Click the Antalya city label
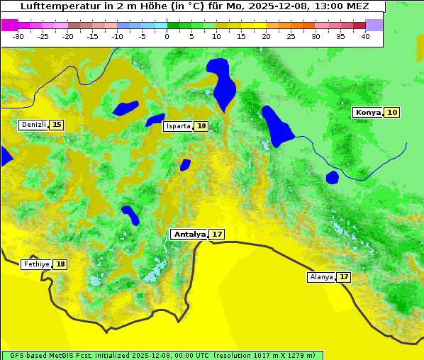189,234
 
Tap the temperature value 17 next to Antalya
217,234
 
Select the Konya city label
367,113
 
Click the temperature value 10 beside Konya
392,113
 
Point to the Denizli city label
33,125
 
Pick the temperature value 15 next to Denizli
57,125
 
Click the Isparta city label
178,126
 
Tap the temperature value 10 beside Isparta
201,126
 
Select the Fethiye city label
36,264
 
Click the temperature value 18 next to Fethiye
60,264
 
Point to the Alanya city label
321,277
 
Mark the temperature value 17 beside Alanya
344,277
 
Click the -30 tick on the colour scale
18,36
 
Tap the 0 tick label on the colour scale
167,36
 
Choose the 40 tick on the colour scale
365,36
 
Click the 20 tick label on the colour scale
266,36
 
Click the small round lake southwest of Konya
332,176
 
